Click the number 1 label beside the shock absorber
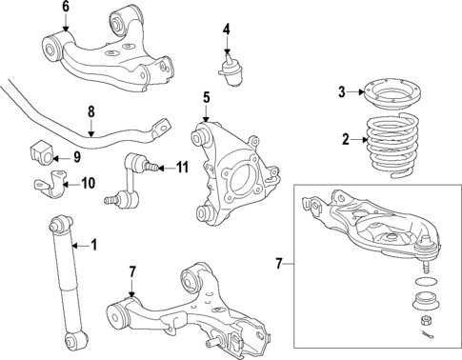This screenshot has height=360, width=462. (94, 246)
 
